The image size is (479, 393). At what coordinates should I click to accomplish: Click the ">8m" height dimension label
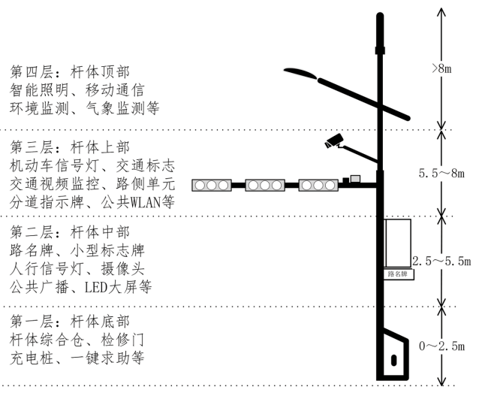coord(441,68)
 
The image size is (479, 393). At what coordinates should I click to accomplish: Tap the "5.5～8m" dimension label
coord(441,174)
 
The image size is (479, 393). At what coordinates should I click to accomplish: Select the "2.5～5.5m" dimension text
coord(441,261)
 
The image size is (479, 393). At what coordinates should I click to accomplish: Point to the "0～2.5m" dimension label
coord(441,346)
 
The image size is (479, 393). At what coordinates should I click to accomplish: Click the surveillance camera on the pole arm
coord(334,141)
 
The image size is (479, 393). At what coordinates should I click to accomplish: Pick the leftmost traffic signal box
coord(212,186)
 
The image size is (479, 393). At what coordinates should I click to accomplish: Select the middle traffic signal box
coord(265,186)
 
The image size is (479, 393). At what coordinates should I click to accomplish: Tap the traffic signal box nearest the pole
coord(318,186)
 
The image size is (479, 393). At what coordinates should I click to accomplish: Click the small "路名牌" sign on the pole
coord(399,274)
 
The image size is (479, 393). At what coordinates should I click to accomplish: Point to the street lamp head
coord(301,73)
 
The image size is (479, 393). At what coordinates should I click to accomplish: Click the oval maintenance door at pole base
coord(394,360)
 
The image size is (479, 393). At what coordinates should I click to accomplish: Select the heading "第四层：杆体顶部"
coord(70,72)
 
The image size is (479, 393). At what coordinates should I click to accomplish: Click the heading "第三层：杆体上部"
coord(70,147)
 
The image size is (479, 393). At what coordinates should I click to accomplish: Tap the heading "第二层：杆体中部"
coord(70,232)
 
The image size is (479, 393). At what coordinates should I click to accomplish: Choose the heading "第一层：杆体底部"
coord(70,322)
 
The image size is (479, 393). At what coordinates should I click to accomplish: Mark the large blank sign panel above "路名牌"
coord(397,243)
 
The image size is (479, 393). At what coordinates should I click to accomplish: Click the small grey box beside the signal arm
coord(355,179)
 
